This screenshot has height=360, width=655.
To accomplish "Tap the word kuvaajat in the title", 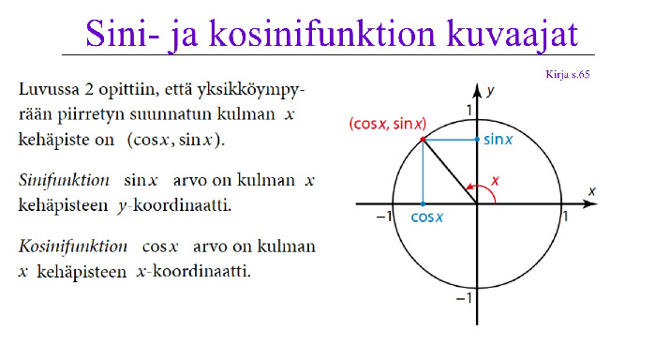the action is click(x=513, y=35).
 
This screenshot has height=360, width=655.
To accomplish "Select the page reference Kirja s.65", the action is click(x=567, y=74).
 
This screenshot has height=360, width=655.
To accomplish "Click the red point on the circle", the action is click(x=423, y=140).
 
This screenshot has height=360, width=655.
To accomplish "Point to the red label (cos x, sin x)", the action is click(x=388, y=124).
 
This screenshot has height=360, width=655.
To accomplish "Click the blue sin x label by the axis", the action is click(x=498, y=140).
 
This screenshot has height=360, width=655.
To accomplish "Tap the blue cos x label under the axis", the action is click(x=427, y=217).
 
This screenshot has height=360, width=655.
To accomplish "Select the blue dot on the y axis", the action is click(x=477, y=140).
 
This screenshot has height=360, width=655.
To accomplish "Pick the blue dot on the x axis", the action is click(x=423, y=204).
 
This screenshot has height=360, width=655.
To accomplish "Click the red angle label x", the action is click(x=495, y=181).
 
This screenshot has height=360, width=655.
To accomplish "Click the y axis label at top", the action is click(x=490, y=91).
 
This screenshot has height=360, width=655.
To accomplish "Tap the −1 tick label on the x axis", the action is click(x=384, y=217).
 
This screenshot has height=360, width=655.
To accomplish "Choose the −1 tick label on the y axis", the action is click(x=464, y=298).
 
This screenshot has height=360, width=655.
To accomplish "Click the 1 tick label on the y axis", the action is click(x=469, y=111).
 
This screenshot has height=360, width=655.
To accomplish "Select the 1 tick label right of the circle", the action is click(x=566, y=217).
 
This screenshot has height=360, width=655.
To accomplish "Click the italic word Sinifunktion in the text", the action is click(x=64, y=180).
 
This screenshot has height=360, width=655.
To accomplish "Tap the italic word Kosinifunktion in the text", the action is click(x=73, y=247).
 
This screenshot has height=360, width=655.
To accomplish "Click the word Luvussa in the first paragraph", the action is click(x=49, y=89).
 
